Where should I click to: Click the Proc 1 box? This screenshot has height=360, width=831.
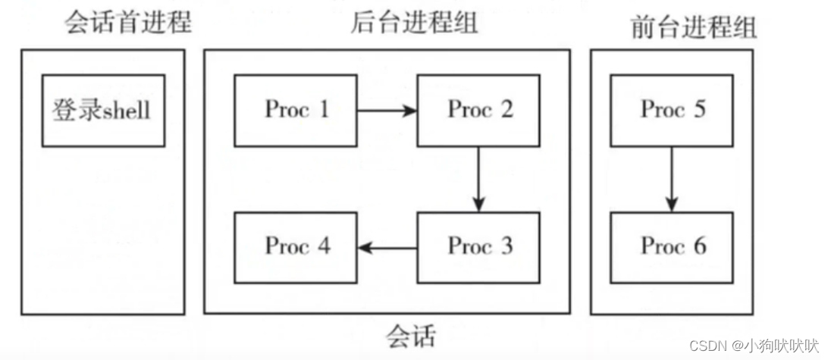click(296, 110)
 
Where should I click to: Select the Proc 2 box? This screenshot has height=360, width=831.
click(478, 110)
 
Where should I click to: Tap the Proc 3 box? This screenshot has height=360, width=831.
click(478, 247)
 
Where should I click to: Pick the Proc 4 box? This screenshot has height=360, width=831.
click(296, 247)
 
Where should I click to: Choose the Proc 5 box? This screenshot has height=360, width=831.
click(672, 110)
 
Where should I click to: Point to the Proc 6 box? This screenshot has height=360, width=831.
click(672, 247)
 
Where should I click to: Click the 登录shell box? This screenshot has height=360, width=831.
click(102, 111)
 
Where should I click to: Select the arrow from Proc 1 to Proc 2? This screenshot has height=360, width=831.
click(387, 111)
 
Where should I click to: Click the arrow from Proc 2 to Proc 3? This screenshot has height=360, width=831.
click(478, 179)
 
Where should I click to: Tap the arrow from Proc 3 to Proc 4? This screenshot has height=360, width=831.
click(387, 248)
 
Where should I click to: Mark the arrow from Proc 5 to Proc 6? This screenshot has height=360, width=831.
click(672, 179)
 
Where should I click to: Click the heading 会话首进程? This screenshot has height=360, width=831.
click(127, 23)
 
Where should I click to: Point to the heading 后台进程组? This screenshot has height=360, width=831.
click(414, 23)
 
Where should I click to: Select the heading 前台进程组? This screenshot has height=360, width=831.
click(693, 27)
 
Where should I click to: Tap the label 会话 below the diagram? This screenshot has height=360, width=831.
click(411, 333)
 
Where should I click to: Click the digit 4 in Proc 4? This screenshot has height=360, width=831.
click(323, 246)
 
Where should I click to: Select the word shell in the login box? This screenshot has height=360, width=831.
click(126, 111)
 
